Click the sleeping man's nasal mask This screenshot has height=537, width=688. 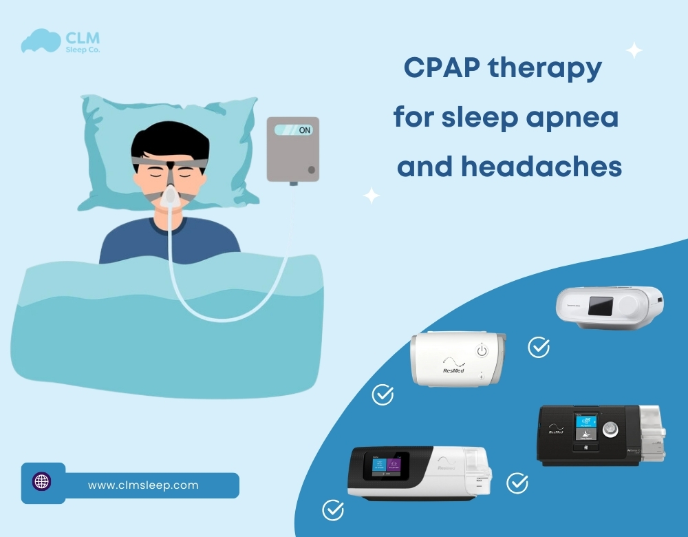coord(170,198)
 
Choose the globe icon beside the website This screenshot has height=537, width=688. coord(42,481)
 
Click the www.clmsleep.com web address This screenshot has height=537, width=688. coord(143,485)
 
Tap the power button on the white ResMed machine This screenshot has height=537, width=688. coord(482,352)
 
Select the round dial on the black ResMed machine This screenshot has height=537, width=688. coord(608,430)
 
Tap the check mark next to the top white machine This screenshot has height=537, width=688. coord(539,347)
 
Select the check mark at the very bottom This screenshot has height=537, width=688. coord(333,510)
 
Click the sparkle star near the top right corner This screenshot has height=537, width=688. coord(634,50)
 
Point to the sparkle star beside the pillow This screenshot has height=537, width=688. coord(372,196)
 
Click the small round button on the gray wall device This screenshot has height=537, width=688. coord(311,169)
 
